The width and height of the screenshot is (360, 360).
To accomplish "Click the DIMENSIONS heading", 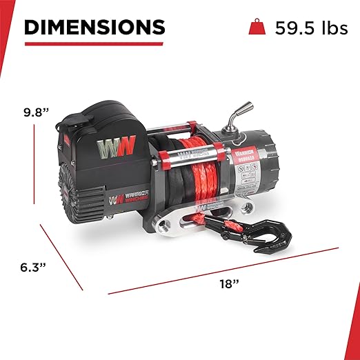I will [94, 27].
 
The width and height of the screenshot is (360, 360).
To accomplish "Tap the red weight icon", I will [255, 28].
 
